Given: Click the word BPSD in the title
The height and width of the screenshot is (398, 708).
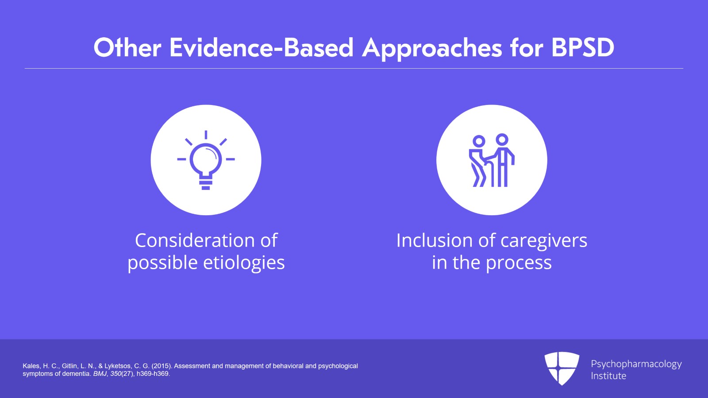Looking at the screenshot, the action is tap(583, 48).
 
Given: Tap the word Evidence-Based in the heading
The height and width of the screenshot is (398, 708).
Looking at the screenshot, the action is tap(262, 48).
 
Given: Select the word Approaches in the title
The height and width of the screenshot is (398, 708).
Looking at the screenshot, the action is tap(432, 49).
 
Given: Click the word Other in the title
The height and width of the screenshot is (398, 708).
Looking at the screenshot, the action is tap(127, 48).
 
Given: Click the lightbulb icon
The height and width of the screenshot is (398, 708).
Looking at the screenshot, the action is tap(206, 160).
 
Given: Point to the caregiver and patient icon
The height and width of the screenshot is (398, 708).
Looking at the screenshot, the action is tap(492, 160).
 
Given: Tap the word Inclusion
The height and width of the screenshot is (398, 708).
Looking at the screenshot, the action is tap(435, 240).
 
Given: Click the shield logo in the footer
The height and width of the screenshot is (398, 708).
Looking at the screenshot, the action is tap(562, 368).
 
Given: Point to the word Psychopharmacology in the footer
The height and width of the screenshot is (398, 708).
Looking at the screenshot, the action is tap(636, 364).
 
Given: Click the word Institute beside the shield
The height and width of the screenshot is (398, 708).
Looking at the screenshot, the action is tap(608, 375).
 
